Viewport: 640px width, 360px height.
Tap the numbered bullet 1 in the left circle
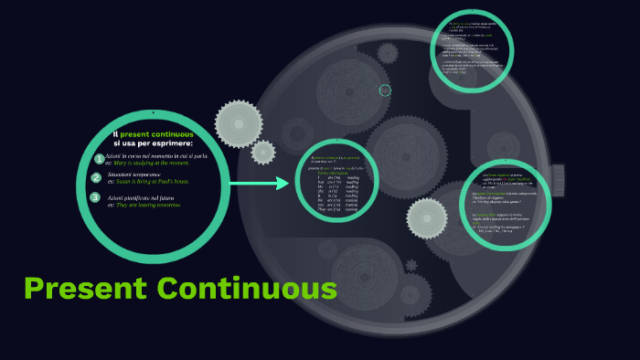pyautogui.click(x=98, y=159)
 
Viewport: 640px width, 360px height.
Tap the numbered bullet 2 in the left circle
pyautogui.click(x=96, y=177)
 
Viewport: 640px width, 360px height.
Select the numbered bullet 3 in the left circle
pyautogui.click(x=95, y=197)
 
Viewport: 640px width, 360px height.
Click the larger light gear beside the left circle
pyautogui.click(x=239, y=122)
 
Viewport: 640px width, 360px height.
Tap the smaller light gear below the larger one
pyautogui.click(x=263, y=152)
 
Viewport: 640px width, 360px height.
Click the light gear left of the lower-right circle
pyautogui.click(x=426, y=217)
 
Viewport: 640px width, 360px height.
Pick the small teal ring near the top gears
pyautogui.click(x=385, y=90)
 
